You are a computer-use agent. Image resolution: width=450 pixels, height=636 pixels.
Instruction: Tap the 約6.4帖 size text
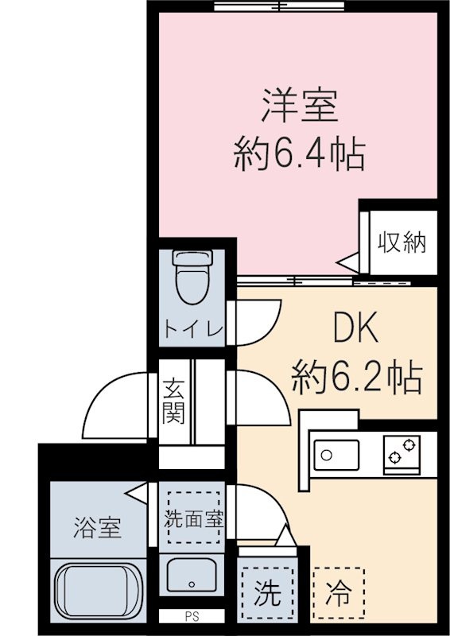click(300, 154)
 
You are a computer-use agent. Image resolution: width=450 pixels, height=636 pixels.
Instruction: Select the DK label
click(355, 327)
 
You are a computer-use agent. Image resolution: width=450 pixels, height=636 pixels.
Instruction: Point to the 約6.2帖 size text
click(357, 378)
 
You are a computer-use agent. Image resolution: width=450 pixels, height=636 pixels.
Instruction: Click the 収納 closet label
click(402, 242)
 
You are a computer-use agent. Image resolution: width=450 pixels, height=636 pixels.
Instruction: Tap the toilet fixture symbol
click(192, 277)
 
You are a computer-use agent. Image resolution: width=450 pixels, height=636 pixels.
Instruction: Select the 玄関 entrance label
click(173, 401)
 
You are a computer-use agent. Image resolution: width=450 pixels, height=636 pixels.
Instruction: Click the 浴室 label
click(97, 528)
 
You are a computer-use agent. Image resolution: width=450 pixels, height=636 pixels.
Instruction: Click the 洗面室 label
click(193, 519)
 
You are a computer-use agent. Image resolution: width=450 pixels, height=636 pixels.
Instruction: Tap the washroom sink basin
click(192, 575)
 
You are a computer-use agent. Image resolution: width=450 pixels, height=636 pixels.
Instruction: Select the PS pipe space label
click(192, 617)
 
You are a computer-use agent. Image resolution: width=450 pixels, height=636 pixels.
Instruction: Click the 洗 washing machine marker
click(267, 593)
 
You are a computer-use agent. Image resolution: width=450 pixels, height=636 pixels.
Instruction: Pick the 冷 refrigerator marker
click(339, 593)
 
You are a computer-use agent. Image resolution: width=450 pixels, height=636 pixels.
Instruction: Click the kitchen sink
click(337, 455)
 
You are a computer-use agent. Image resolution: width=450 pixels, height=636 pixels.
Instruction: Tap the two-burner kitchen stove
click(402, 454)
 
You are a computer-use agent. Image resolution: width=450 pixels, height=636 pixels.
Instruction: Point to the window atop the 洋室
click(279, 6)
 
